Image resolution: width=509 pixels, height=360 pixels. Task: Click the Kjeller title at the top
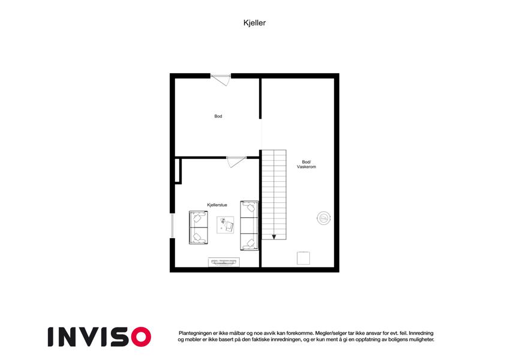click(254, 23)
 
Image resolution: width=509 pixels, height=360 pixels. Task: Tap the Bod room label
click(218, 116)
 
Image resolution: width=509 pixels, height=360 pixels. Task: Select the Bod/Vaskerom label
click(306, 164)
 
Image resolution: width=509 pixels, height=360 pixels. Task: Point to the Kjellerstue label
click(217, 205)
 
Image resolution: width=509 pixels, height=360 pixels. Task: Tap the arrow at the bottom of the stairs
click(274, 237)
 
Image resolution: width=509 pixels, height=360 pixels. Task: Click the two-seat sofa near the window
click(198, 227)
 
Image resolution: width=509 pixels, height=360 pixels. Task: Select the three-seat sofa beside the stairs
click(249, 226)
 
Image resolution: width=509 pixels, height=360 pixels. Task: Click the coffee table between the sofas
click(225, 224)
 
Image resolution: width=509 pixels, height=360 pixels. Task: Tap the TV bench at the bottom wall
click(224, 262)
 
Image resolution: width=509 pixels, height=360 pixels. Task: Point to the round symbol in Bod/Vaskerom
click(324, 218)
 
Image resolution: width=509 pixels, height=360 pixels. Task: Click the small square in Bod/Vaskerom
click(303, 258)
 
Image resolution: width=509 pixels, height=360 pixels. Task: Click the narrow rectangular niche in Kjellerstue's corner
click(178, 171)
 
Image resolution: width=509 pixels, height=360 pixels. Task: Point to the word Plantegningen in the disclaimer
click(195, 334)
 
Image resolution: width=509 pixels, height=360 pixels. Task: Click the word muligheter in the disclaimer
click(421, 340)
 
